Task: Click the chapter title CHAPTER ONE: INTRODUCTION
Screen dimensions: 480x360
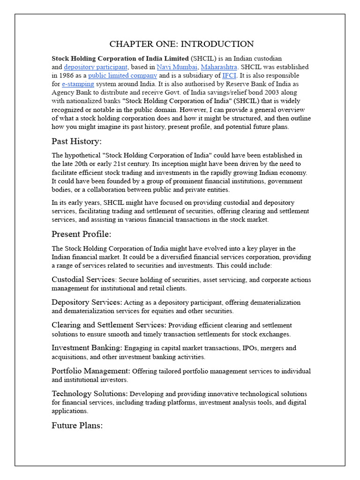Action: pos(181,44)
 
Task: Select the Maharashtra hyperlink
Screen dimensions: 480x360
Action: pos(219,67)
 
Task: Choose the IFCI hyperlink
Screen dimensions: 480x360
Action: pos(229,75)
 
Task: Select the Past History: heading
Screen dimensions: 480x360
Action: pos(76,141)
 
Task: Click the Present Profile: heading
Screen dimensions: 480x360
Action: pos(81,234)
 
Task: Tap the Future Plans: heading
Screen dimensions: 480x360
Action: pos(77,426)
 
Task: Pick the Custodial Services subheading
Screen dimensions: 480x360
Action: pos(83,279)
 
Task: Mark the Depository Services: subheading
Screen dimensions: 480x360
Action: pos(87,302)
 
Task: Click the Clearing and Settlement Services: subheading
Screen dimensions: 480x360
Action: pos(109,325)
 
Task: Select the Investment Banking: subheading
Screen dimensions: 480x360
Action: pos(87,348)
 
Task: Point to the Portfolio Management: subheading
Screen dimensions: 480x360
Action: pos(91,371)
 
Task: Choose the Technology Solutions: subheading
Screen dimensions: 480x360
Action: pos(90,394)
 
